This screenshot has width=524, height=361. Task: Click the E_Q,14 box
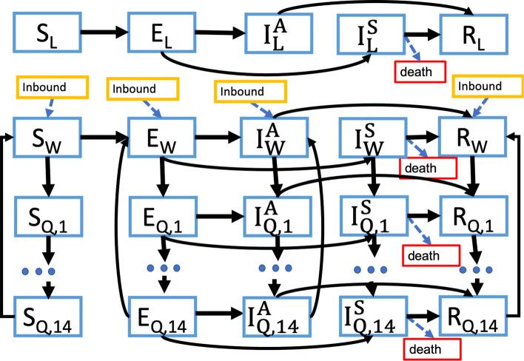click(156, 317)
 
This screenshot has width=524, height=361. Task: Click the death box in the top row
click(419, 72)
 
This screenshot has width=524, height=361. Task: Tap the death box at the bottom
click(432, 345)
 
